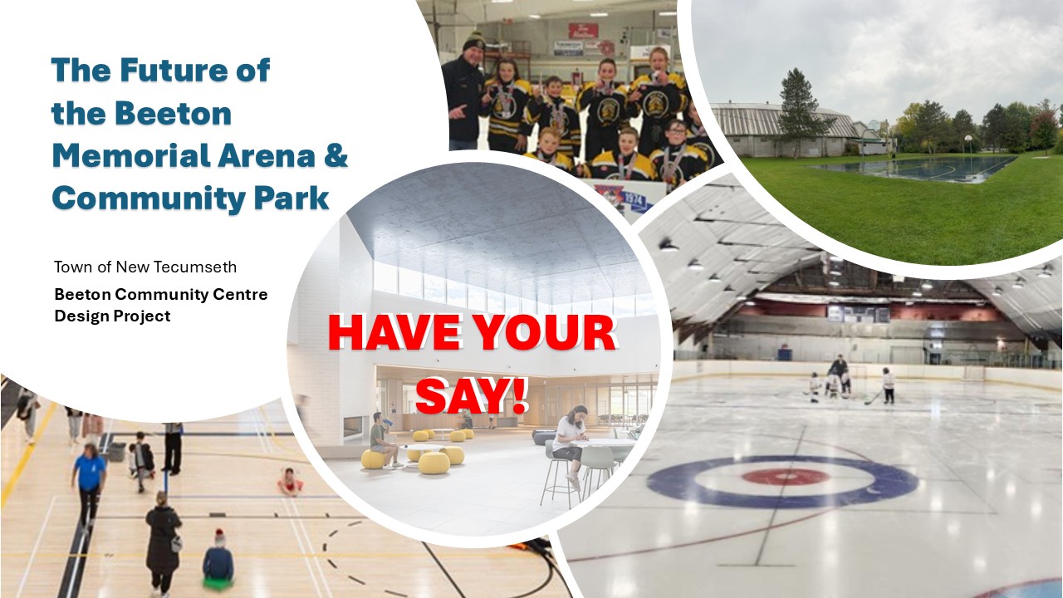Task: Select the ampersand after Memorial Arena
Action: pos(335,156)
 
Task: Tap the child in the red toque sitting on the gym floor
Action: pos(218,559)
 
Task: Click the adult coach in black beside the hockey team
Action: pos(463,91)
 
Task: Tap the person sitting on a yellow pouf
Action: pos(380,439)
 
